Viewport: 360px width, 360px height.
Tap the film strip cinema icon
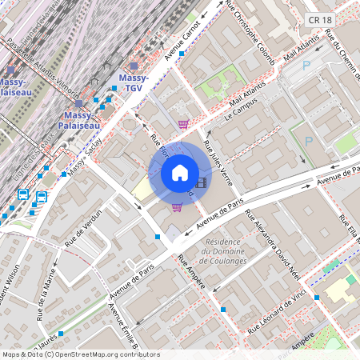pyautogui.click(x=200, y=182)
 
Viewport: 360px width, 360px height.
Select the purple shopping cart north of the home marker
pyautogui.click(x=183, y=124)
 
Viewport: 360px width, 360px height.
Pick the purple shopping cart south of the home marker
pyautogui.click(x=177, y=206)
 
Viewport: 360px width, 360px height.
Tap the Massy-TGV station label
pyautogui.click(x=130, y=82)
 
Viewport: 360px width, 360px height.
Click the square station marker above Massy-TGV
pyautogui.click(x=133, y=66)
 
